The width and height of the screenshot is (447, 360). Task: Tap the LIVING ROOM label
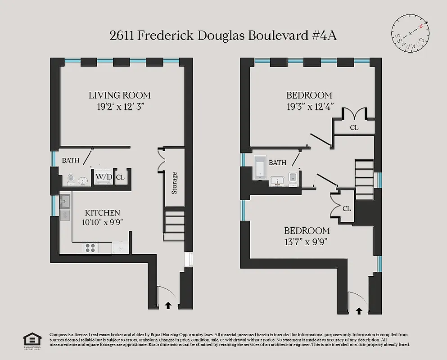pos(119,95)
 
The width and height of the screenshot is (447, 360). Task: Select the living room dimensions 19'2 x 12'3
pos(119,107)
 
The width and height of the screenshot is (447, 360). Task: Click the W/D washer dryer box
pos(104,177)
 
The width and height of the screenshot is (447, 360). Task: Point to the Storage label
pos(174,183)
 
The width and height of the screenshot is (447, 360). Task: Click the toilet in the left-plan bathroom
pos(69,180)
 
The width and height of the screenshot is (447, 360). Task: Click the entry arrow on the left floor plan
pos(168,305)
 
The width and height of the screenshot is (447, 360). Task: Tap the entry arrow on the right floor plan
pos(359,310)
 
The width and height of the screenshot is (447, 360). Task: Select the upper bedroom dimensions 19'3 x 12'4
pos(309,107)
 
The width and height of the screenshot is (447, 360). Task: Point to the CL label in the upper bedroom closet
pos(354,127)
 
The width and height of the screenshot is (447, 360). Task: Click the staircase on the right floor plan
pos(365,179)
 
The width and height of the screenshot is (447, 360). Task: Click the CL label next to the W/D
pos(120,177)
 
